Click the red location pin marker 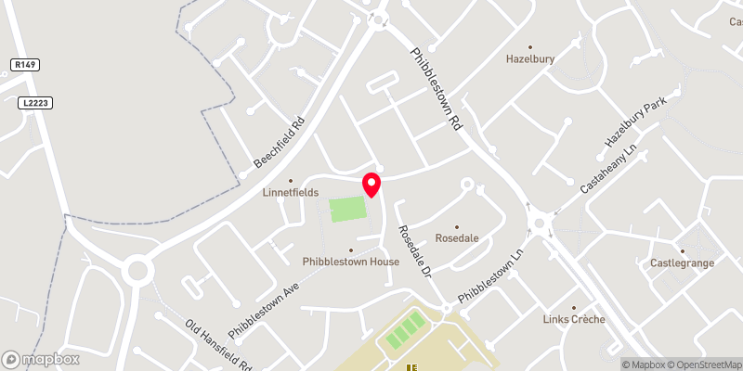371,184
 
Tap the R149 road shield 25,64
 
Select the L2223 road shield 33,103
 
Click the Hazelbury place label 530,58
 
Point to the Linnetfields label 291,192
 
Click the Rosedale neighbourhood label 456,237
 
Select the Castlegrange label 682,263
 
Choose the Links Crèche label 574,319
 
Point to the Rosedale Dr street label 415,251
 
